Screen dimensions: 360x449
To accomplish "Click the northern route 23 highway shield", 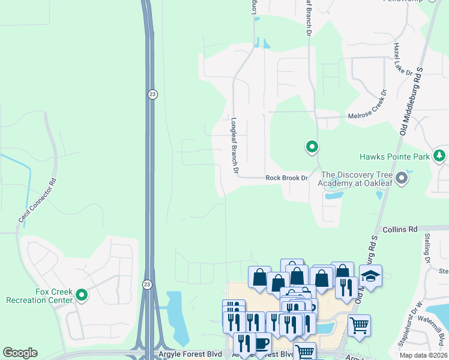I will coord(153,94).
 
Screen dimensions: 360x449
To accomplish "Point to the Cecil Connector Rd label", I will coord(37,201).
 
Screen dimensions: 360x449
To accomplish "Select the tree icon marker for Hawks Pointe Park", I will coord(440,156).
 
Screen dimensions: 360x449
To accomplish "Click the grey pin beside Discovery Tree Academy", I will coord(402,178).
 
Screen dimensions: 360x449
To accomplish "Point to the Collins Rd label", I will coord(399,230).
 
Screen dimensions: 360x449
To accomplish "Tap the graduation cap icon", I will coord(370,277).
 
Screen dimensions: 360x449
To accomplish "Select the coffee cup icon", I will coord(261,344).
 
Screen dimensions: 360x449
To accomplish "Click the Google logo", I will coord(20,353).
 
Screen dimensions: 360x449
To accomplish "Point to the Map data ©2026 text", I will coord(423,355).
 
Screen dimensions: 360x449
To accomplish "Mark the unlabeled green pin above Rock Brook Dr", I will coord(312,146).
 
